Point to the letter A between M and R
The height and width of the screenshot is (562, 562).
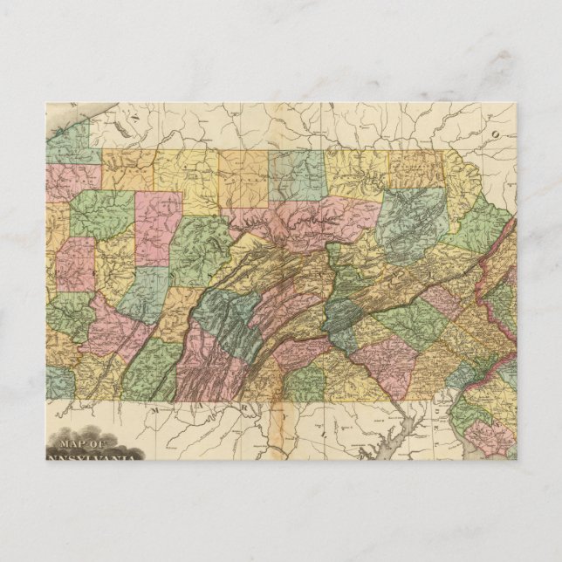(x=208, y=408)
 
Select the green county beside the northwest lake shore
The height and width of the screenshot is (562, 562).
(x=70, y=144)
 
